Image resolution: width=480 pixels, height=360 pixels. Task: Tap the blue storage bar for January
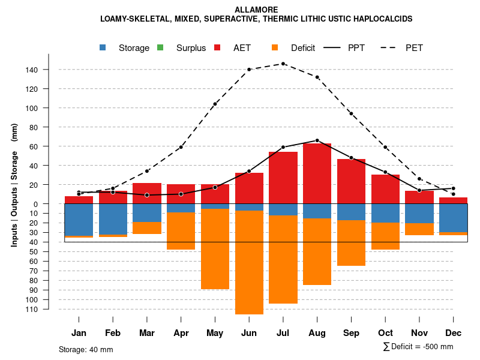pyautogui.click(x=79, y=220)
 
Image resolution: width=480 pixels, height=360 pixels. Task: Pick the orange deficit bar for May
pyautogui.click(x=215, y=249)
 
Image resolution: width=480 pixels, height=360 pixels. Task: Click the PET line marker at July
pyautogui.click(x=283, y=64)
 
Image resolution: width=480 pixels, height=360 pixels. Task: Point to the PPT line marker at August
pyautogui.click(x=317, y=140)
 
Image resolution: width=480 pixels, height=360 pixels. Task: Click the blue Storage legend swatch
pyautogui.click(x=103, y=48)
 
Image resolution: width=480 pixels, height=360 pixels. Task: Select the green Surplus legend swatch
pyautogui.click(x=160, y=48)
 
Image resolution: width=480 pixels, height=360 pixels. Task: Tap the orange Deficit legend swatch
pyautogui.click(x=275, y=48)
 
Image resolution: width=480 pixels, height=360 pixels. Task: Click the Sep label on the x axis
pyautogui.click(x=351, y=333)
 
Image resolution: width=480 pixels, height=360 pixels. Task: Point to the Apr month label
pyautogui.click(x=181, y=333)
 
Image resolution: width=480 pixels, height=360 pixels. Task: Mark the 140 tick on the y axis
pyautogui.click(x=32, y=70)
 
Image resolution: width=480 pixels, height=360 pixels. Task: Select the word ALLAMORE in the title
pyautogui.click(x=256, y=10)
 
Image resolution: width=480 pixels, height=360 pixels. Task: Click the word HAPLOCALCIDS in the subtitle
pyautogui.click(x=383, y=19)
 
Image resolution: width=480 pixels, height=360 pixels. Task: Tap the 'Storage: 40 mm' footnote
pyautogui.click(x=86, y=349)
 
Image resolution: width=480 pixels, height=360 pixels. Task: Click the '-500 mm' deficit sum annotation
pyautogui.click(x=436, y=347)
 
